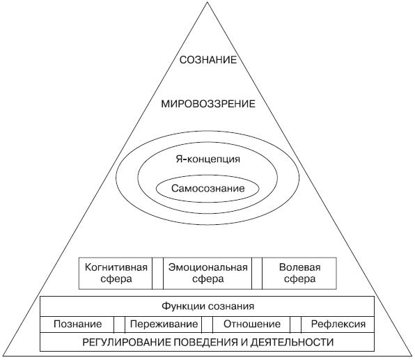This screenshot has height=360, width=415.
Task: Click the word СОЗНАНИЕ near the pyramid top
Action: pos(208,60)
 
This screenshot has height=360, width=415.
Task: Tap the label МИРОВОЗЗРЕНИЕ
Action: pos(208,104)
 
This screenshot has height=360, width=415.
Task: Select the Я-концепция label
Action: pos(208,159)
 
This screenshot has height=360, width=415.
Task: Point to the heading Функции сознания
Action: pos(207,306)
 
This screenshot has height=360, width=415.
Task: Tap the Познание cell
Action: pos(77,324)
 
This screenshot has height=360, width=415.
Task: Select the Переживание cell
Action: pos(164,324)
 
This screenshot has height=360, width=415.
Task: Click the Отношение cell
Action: pos(251,324)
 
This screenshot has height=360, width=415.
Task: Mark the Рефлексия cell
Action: pos(338,324)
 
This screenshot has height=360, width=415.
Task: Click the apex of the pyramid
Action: pos(207,2)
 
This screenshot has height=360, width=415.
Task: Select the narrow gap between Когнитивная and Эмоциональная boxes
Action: pos(158,273)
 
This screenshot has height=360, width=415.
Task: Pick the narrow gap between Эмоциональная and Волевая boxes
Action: pos(257,273)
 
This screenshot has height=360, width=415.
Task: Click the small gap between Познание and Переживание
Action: pos(119,324)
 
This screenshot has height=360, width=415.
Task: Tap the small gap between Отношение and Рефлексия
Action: pos(296,324)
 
